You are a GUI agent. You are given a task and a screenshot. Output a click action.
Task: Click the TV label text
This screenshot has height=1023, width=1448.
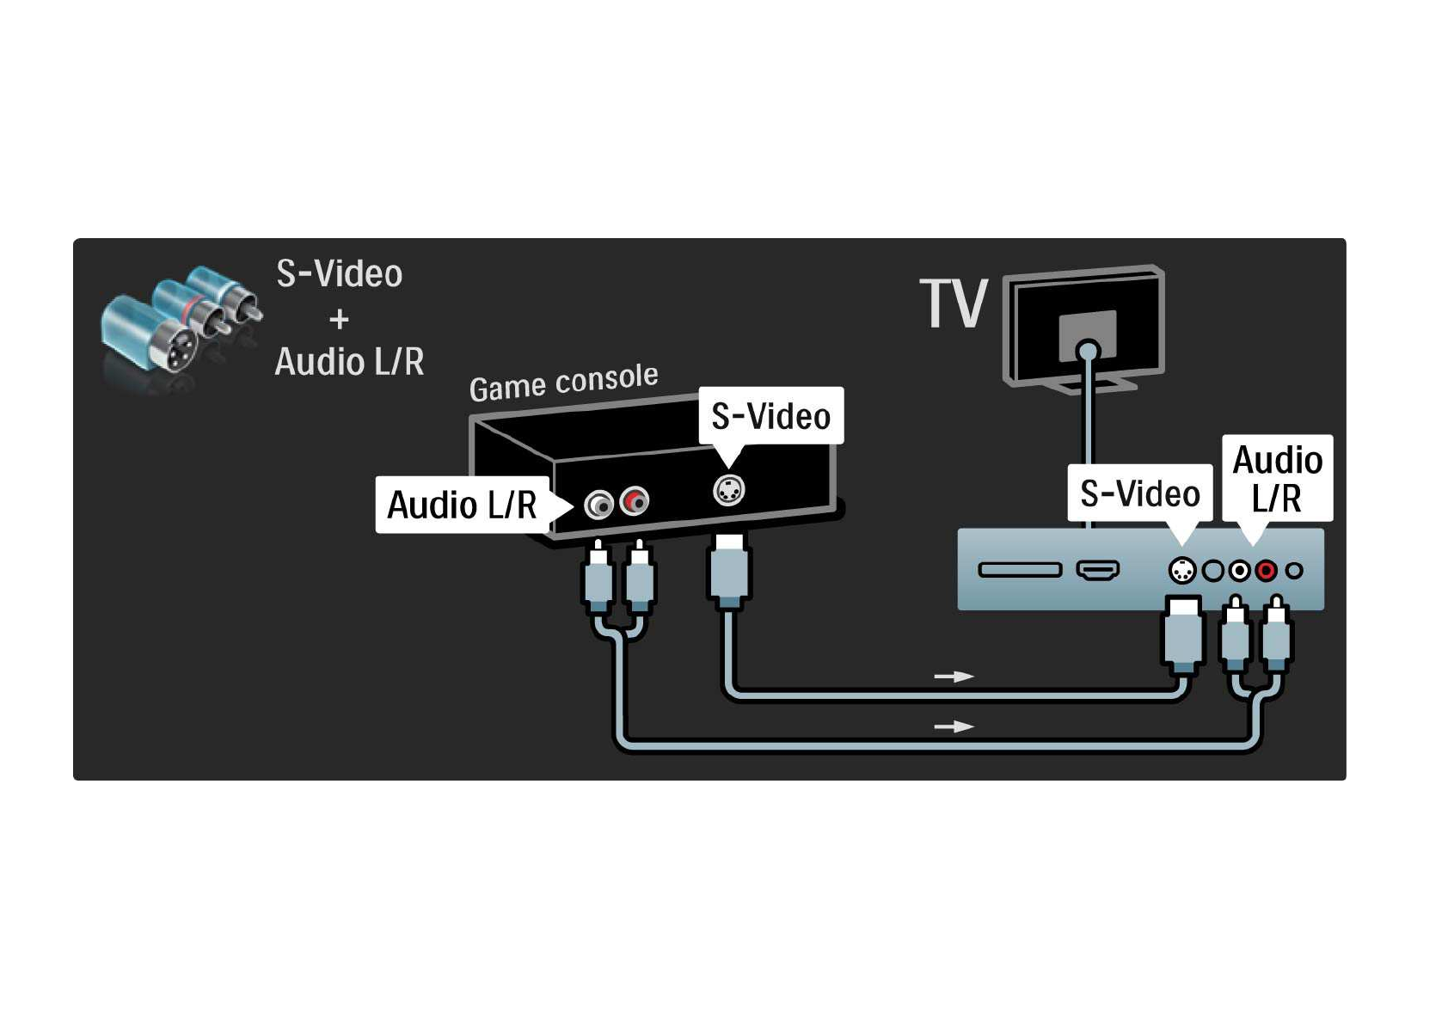point(954,304)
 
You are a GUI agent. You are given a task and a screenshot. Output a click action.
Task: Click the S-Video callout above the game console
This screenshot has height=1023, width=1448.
point(770,417)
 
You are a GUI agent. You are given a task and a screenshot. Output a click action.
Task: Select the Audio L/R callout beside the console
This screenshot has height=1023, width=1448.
point(462,505)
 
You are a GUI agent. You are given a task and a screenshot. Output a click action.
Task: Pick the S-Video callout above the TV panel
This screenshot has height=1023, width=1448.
point(1139,493)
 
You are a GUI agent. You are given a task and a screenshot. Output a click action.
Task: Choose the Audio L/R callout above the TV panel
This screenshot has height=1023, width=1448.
point(1277,479)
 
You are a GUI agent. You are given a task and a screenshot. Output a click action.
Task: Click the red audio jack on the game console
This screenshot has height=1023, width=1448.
point(635,500)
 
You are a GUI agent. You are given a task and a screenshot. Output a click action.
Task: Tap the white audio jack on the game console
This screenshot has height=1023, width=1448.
point(598,504)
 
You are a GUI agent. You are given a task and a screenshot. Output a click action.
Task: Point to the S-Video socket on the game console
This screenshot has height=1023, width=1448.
point(728,491)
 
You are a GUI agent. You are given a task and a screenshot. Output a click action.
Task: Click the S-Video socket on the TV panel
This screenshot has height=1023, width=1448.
point(1182,570)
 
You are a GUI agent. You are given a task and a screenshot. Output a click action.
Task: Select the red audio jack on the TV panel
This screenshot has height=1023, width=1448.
point(1266,570)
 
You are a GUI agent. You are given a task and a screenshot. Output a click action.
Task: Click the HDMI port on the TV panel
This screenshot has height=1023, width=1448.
point(1098,570)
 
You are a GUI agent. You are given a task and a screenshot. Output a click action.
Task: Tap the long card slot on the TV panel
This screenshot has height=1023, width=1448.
point(1020,570)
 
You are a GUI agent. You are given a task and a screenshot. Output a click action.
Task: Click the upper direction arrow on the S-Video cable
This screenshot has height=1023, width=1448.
point(954,677)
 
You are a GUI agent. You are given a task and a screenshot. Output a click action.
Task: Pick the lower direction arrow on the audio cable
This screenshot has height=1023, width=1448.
point(954,726)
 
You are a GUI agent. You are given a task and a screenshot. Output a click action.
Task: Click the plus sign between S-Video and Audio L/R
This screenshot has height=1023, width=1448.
point(340,319)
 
